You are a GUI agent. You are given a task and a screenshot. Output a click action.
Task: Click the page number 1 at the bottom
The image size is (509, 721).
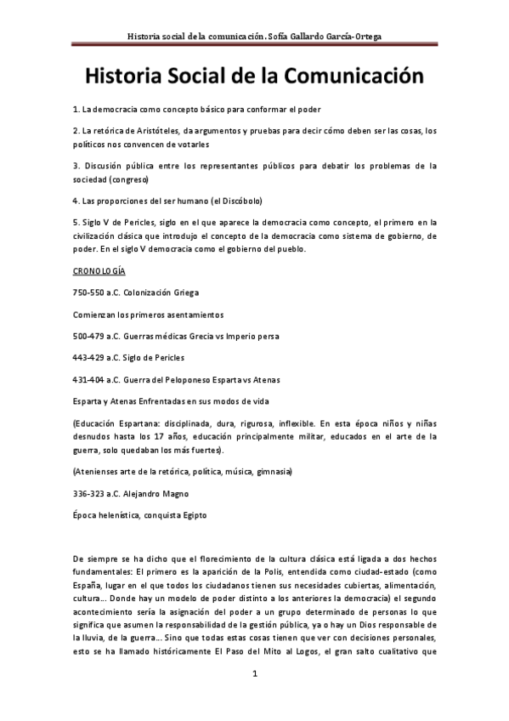pos(254,674)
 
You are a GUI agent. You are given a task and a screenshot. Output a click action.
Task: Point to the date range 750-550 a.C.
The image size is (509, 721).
pos(93,292)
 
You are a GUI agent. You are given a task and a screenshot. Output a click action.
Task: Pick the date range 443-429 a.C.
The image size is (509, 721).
pos(93,358)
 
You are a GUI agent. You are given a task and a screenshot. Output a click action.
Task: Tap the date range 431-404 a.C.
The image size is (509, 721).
pos(93,380)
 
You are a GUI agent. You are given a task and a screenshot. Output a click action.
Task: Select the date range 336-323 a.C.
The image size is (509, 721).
pos(93,492)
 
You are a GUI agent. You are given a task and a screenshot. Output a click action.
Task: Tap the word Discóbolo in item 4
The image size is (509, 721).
pos(241,202)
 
